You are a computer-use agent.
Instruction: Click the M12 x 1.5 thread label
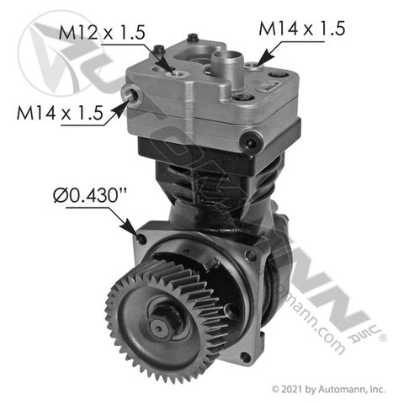pos(102,33)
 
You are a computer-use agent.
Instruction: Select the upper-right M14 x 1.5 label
pos(301,29)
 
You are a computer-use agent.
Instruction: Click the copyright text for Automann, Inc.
pos(328,390)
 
